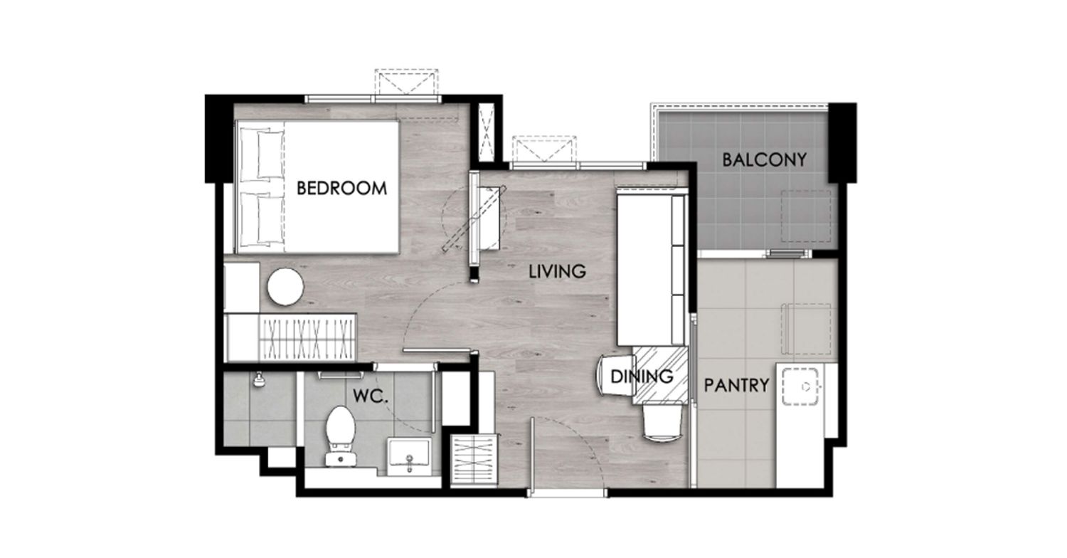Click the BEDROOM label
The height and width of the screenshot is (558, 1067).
pos(341,188)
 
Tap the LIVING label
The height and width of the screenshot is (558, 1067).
pos(557,271)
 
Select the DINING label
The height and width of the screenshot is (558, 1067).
pos(642,377)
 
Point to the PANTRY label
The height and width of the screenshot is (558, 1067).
pos(736,384)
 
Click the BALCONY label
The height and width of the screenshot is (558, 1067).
pos(764,159)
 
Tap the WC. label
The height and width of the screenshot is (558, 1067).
pos(370,396)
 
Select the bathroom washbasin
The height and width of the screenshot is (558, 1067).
pos(409,456)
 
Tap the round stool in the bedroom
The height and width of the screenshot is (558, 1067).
pos(285,287)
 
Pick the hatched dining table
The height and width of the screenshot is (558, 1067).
pos(660,376)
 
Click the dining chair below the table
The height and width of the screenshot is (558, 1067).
pos(662,423)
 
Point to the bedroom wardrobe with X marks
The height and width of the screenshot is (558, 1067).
pos(290,337)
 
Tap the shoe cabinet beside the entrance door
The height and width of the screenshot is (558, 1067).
pos(474,460)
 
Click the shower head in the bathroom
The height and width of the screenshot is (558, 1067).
pos(259,380)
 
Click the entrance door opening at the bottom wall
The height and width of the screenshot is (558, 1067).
pos(567,493)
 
